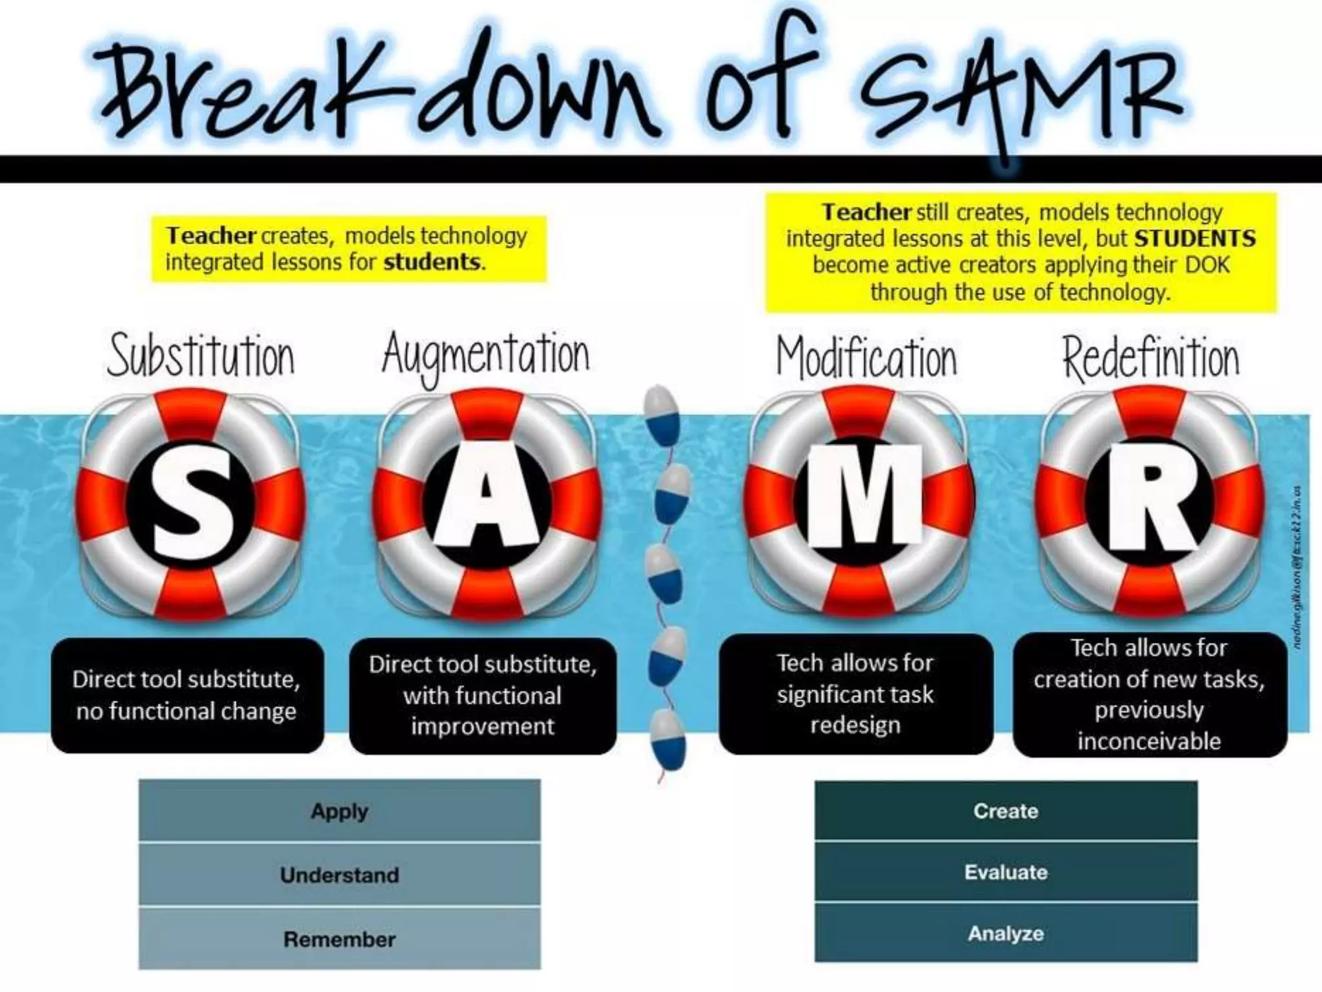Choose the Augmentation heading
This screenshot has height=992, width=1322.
(485, 356)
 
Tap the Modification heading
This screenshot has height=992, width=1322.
(866, 358)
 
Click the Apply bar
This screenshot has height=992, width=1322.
(340, 811)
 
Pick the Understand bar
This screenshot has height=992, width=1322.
(340, 875)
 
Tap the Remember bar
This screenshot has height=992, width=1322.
(340, 939)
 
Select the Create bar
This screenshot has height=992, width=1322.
(1006, 811)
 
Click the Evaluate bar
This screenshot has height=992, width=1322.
(1006, 873)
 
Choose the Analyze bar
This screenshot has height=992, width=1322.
(1006, 933)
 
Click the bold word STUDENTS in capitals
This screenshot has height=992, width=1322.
(1195, 238)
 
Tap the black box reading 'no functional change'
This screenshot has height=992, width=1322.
(187, 696)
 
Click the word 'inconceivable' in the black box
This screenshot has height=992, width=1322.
(1150, 741)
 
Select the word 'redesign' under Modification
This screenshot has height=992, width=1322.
(855, 725)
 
